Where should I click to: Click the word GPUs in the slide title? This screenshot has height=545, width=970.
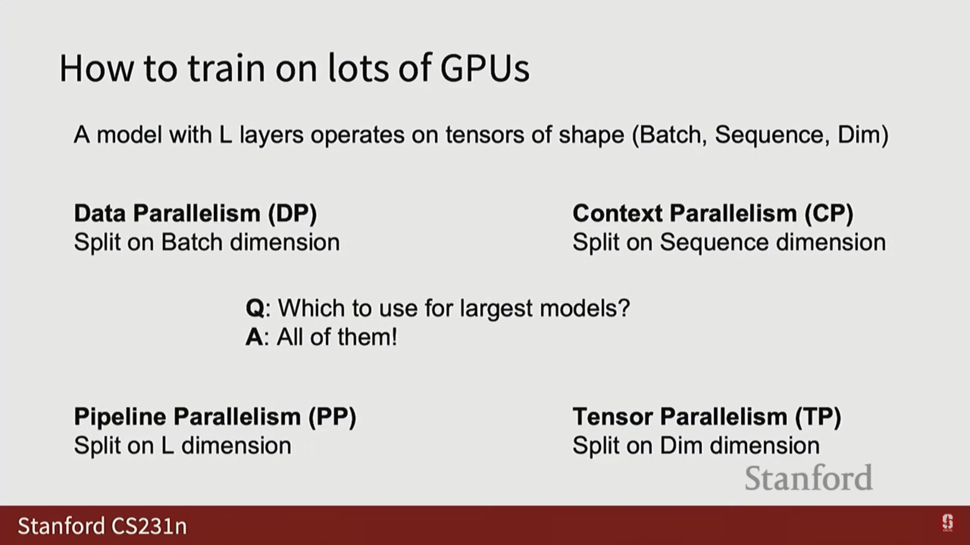pos(485,68)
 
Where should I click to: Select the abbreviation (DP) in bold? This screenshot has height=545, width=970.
pos(293,213)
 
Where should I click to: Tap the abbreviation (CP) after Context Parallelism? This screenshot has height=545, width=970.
pos(829,213)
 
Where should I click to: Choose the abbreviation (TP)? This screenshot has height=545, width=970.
pos(818,417)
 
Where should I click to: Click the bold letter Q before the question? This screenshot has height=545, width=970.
pos(255,308)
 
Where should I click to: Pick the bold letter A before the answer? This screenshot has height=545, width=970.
pos(254,337)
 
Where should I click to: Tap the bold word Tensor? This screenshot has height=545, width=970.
pos(612,417)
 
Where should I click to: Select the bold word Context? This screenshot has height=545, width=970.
pos(617,213)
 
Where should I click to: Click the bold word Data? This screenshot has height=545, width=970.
pos(100,213)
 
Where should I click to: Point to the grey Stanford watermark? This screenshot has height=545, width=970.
pos(809,478)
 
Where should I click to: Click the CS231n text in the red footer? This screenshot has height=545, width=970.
pos(149,526)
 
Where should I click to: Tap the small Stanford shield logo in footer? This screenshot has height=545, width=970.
pos(947,523)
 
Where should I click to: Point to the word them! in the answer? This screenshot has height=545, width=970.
pos(367,337)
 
